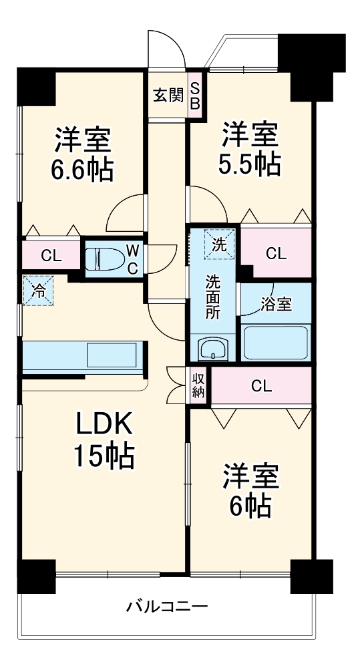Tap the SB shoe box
[x=195, y=96]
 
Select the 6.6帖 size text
[x=83, y=169]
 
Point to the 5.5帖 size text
[x=250, y=164]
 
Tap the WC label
[x=133, y=259]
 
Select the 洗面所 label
[x=214, y=297]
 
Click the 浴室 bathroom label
[x=277, y=304]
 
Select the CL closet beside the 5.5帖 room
[x=277, y=253]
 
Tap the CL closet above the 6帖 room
[x=262, y=385]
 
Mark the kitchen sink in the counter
[x=111, y=355]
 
